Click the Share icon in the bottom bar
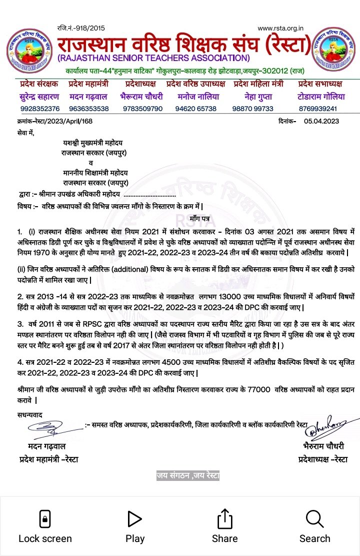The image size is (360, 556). (x=224, y=518)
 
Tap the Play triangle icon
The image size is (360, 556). (x=134, y=518)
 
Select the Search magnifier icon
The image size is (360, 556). (x=314, y=518)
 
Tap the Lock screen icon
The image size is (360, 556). (x=45, y=518)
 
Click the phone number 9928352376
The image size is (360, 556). (x=40, y=109)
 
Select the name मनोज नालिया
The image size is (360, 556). (x=196, y=97)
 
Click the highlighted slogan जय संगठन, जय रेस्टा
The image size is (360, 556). (x=187, y=475)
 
